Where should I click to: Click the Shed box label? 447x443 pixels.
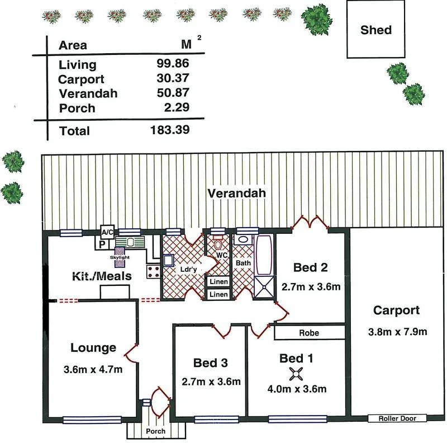point(375,30)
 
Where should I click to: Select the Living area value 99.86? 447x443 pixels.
point(173,64)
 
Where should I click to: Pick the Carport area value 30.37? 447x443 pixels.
point(173,78)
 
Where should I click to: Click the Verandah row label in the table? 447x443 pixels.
point(88,93)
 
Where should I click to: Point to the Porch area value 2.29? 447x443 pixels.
point(176,107)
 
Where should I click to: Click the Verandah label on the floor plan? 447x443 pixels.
point(236,194)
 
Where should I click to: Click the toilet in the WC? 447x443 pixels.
point(218,246)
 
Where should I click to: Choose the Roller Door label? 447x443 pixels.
point(397,418)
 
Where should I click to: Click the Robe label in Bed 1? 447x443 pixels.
point(309,333)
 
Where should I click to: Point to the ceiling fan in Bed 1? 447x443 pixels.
point(296,375)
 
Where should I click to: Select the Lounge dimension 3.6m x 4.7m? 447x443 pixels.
point(93,369)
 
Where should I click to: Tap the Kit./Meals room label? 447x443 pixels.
point(102,276)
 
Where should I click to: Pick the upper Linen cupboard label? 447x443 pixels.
point(218,281)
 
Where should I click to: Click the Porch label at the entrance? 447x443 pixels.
point(156,431)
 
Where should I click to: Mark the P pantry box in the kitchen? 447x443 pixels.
point(102,244)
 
